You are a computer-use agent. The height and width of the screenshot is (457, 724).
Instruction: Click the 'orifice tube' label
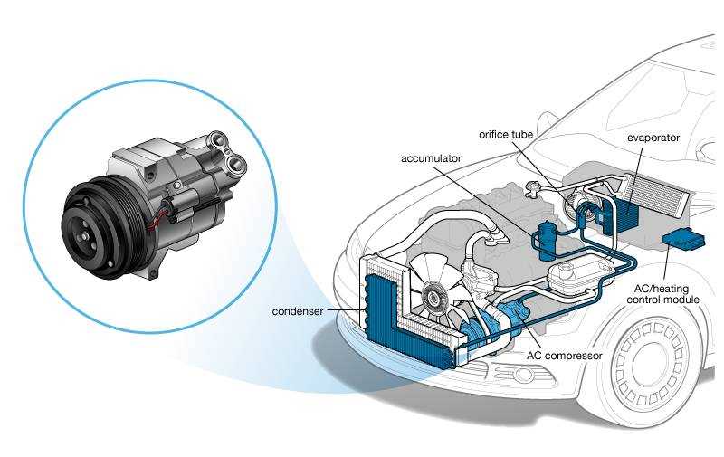pos(506,135)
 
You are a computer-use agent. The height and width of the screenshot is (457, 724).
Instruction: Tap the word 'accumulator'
pos(431,158)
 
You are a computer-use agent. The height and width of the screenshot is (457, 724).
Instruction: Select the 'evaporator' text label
pos(653,138)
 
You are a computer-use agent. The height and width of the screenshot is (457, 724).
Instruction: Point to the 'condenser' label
pos(298,312)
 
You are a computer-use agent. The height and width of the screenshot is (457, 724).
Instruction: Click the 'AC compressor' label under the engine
pos(564,356)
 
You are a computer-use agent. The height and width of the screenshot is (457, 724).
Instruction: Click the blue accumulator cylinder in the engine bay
pos(546,241)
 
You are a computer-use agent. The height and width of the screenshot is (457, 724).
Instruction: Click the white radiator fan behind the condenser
pos(433,289)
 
